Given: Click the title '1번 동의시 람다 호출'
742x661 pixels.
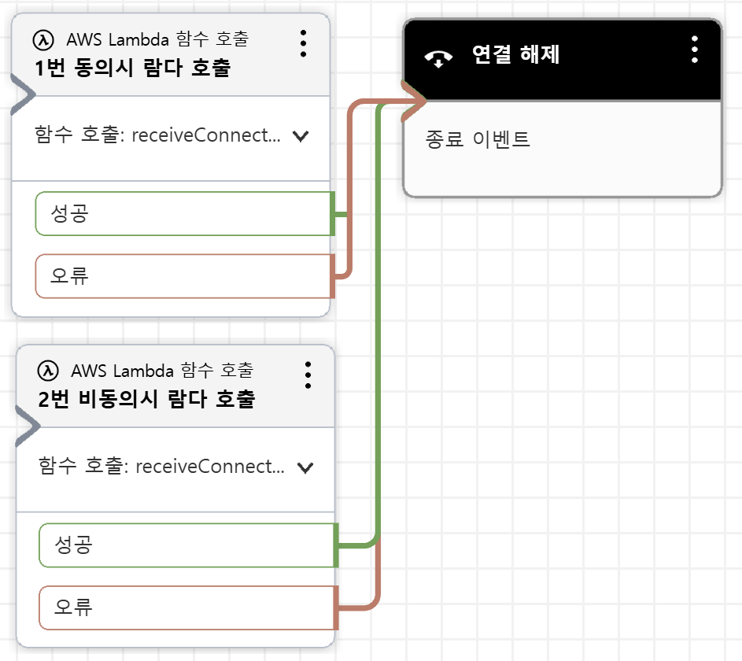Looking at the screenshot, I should tap(133, 68).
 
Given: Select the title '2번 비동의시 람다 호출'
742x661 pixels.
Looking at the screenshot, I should tap(146, 399).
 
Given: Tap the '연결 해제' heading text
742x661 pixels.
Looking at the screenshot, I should tap(515, 55).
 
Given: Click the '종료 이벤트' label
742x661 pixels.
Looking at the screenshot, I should tap(478, 140).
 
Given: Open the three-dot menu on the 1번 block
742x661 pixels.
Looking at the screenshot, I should tap(303, 43).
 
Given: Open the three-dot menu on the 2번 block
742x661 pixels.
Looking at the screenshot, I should tap(308, 375).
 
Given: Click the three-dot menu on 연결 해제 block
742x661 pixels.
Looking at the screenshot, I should tap(694, 49).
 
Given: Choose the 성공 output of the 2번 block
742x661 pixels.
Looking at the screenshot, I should tap(186, 545).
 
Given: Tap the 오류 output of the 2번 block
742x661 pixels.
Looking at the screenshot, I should tap(186, 607).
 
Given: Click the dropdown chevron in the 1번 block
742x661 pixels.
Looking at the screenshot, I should tap(300, 136).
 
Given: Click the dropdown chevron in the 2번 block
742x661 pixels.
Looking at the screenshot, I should tap(305, 467).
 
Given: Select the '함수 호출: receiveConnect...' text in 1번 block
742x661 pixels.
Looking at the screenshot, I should tap(157, 135).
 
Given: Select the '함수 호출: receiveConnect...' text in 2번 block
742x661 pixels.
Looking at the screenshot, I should tap(161, 467).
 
